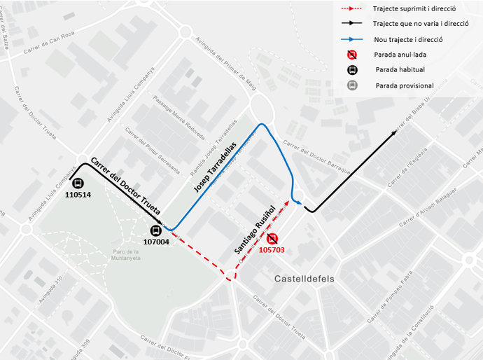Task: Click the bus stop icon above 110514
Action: [78, 184]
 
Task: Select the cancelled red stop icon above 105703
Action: [272, 239]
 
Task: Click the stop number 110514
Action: [78, 195]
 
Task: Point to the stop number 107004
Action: [156, 242]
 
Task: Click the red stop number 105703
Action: [272, 249]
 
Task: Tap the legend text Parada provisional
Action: [405, 85]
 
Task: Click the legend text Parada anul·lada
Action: [400, 54]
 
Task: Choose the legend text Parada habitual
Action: [400, 69]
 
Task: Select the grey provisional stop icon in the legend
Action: [353, 85]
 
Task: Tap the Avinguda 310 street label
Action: [51, 289]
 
